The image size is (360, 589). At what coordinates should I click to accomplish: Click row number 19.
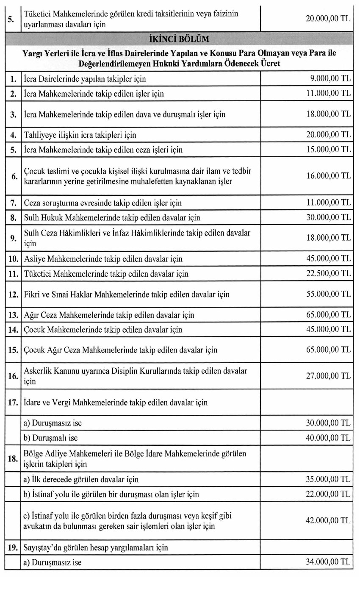point(13,547)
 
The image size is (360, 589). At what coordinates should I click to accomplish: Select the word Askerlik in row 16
point(37,371)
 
